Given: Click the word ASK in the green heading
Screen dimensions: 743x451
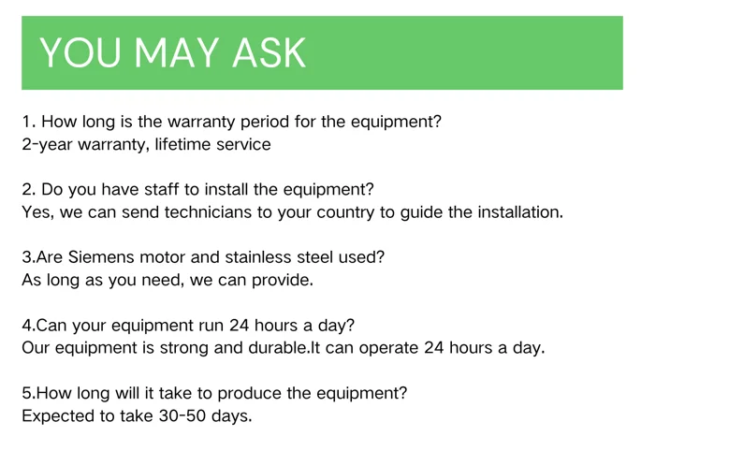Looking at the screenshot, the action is pyautogui.click(x=269, y=52).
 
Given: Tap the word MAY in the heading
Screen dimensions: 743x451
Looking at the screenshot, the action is pyautogui.click(x=176, y=52).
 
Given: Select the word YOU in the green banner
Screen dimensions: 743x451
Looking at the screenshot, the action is pyautogui.click(x=80, y=52).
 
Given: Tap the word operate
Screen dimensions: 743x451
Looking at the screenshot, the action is pyautogui.click(x=388, y=349).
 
